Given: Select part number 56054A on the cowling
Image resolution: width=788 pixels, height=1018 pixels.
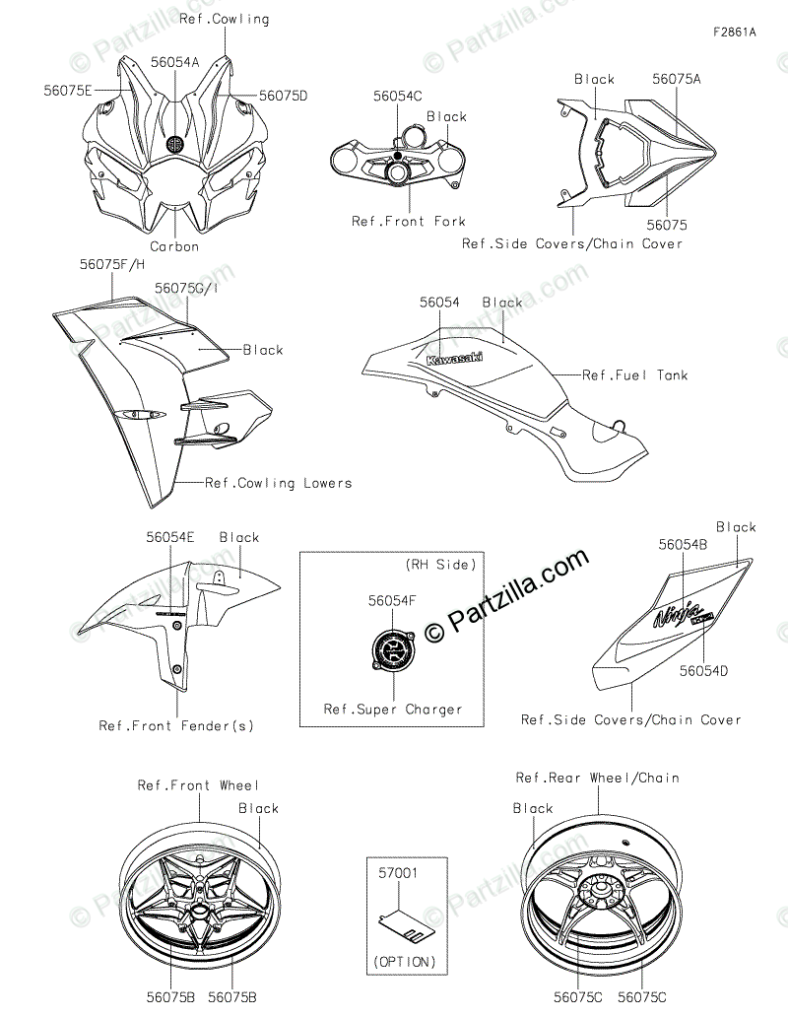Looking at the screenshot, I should (x=174, y=61).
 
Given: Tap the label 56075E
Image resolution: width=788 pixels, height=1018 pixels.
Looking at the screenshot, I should (x=68, y=90).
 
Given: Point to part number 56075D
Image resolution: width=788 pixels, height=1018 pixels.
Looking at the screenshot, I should (x=283, y=96).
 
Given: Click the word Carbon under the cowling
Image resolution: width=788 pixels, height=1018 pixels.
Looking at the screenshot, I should (x=174, y=246).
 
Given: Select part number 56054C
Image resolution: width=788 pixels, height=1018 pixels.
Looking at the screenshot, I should (x=397, y=96).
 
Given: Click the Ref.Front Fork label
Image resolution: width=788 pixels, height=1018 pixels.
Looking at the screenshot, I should (x=409, y=222).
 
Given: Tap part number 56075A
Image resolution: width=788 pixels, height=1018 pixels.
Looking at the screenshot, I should (x=677, y=78).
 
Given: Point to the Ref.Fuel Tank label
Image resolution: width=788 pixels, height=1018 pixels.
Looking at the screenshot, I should (x=635, y=375).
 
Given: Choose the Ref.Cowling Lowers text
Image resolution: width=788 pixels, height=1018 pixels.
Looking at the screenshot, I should (x=278, y=483).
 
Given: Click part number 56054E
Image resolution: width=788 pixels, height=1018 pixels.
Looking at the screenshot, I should (x=170, y=537).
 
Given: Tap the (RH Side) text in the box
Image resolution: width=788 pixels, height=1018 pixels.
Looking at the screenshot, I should (x=440, y=565).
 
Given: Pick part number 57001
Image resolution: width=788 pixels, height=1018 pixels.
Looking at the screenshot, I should (x=399, y=873).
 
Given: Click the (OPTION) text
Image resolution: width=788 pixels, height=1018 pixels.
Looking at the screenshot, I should (x=405, y=961).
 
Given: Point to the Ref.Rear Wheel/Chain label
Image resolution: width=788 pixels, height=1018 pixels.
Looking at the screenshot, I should (x=598, y=778).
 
